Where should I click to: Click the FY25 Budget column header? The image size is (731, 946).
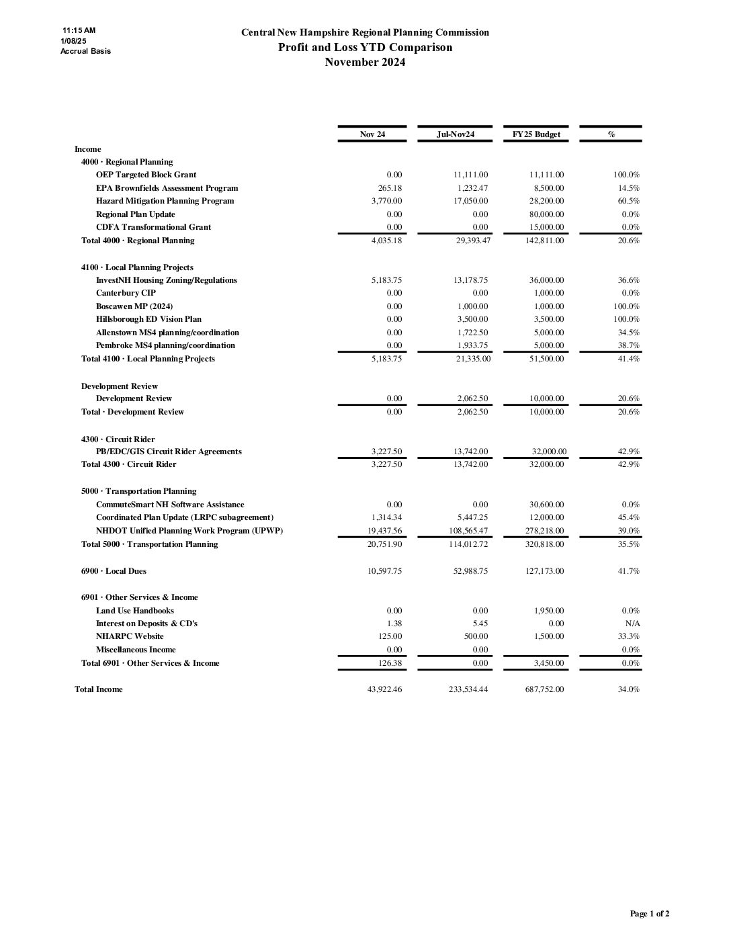click(535, 134)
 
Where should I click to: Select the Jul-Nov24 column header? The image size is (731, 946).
click(455, 134)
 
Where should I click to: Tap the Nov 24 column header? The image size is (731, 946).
click(372, 134)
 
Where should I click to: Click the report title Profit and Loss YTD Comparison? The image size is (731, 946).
click(365, 47)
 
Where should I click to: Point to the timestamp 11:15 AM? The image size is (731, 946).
click(79, 30)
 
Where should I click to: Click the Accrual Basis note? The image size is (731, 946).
click(85, 51)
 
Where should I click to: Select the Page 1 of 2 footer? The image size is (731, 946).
click(649, 914)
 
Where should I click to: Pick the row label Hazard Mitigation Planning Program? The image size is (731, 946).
click(165, 201)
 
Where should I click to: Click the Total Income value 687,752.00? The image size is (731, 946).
click(545, 689)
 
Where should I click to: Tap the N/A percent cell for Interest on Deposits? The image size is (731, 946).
click(632, 623)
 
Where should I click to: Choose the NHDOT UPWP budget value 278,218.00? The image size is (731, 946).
click(546, 531)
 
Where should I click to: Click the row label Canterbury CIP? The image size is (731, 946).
click(126, 293)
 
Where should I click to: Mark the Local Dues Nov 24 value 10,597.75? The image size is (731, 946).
click(385, 571)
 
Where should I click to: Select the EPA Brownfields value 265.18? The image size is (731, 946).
click(390, 188)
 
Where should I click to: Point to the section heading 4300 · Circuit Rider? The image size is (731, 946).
click(118, 439)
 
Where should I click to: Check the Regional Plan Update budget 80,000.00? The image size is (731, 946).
click(546, 214)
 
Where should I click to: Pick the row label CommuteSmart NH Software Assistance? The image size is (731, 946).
click(170, 505)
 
